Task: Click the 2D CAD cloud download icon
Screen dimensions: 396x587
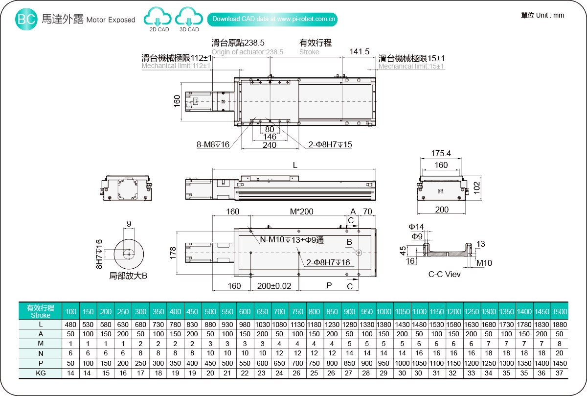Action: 158,18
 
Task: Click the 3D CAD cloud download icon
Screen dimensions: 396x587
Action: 189,18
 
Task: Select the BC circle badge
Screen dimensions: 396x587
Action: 26,20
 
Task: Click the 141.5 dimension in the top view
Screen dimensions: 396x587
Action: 360,52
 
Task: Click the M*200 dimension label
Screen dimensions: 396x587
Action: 302,211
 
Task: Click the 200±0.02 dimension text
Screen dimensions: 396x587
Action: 274,286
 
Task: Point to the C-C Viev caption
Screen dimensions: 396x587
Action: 444,274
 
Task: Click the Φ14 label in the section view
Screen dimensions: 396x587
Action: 416,226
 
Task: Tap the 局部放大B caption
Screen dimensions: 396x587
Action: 128,276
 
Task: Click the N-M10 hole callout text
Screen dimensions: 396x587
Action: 292,240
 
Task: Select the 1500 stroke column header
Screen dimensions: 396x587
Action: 559,312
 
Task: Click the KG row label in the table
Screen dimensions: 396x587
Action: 41,373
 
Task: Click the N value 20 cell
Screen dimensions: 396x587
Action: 559,353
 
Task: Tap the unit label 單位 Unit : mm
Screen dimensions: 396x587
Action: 542,15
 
